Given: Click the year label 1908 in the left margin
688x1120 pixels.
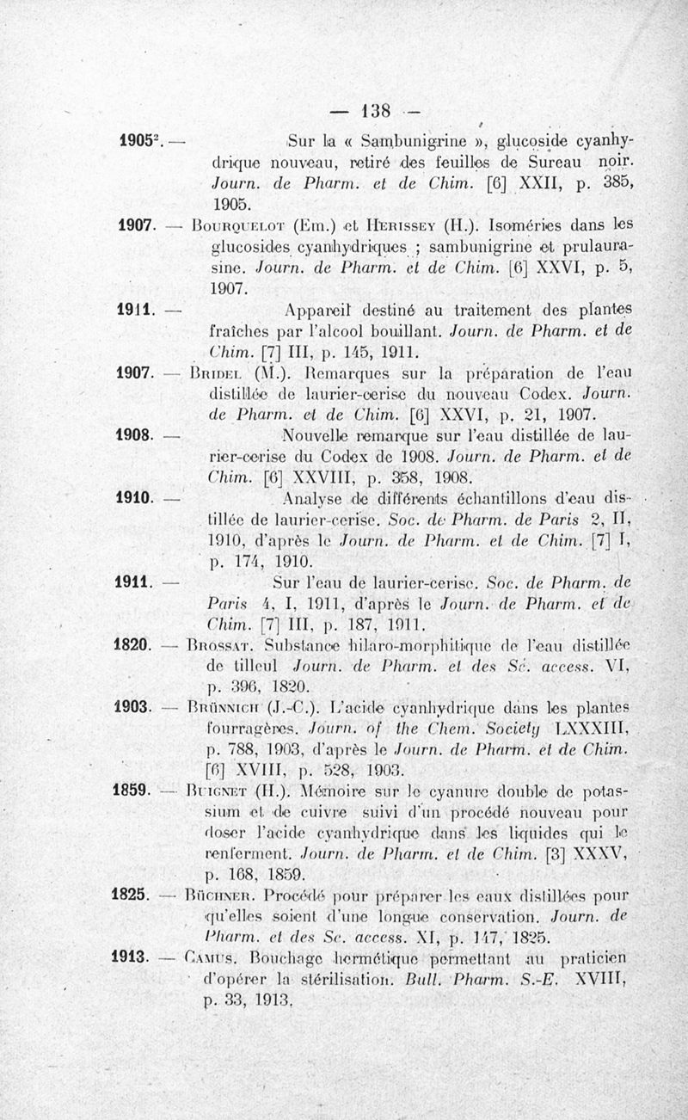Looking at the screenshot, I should (x=133, y=435).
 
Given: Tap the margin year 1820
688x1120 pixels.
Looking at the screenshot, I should (x=132, y=643).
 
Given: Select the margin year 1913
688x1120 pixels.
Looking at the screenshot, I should (x=132, y=955).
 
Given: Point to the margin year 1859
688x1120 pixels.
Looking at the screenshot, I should (x=132, y=788).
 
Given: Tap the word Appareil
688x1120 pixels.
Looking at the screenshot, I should (x=328, y=311).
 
